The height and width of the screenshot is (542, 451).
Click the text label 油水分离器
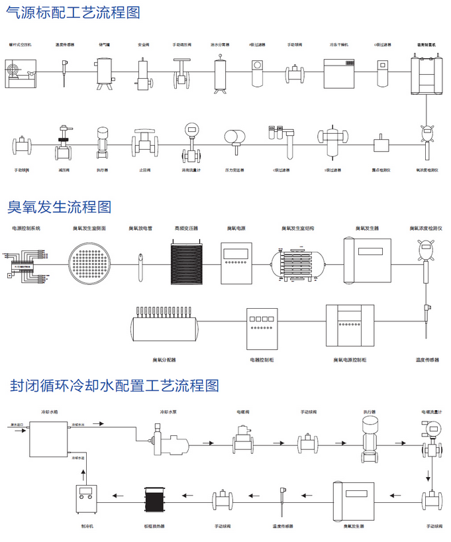coord(221,44)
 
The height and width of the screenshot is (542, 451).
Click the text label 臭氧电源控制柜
coord(350,360)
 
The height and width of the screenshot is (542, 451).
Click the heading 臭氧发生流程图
coord(60,207)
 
